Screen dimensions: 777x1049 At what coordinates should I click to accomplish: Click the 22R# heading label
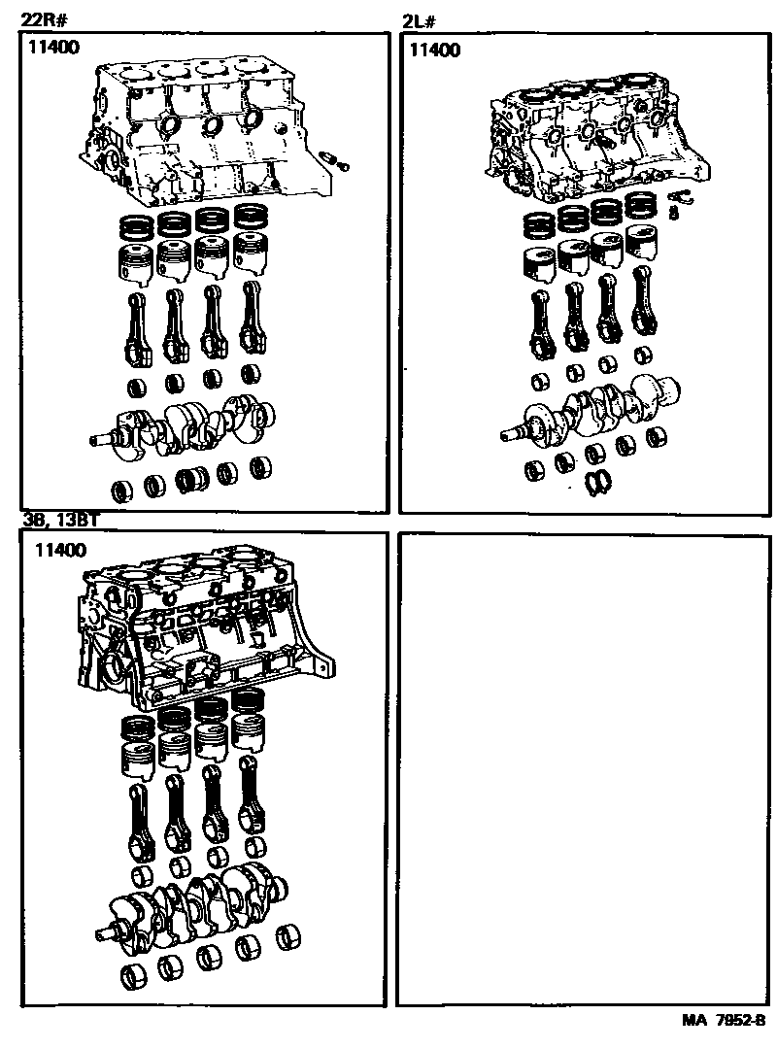(x=44, y=19)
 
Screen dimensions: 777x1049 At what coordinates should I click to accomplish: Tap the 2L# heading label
(x=419, y=22)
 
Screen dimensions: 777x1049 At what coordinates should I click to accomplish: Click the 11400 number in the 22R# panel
(x=53, y=48)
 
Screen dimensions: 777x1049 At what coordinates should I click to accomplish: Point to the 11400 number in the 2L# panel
(x=435, y=51)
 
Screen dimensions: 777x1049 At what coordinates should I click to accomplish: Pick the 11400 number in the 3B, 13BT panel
(x=60, y=550)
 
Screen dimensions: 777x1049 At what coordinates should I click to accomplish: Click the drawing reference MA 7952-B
(x=724, y=1021)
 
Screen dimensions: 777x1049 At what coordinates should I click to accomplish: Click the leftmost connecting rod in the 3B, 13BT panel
(x=141, y=821)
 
